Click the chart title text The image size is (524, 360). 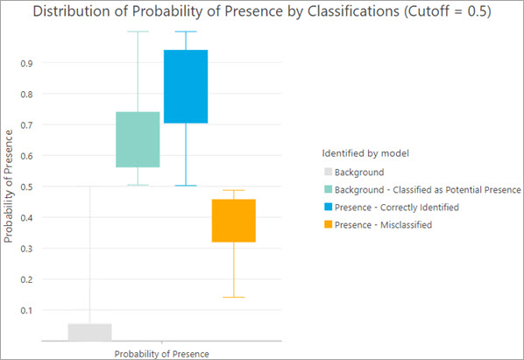[x=261, y=12]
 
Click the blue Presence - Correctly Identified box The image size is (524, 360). [x=186, y=87]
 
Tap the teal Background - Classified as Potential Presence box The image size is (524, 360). [x=138, y=139]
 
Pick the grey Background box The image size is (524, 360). [x=89, y=332]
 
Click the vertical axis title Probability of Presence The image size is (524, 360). [x=9, y=186]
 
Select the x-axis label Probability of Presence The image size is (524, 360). [x=161, y=352]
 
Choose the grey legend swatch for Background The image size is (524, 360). [x=329, y=173]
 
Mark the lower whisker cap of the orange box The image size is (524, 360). [x=234, y=298]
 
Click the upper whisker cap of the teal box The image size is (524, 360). [x=138, y=32]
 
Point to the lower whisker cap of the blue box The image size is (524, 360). [x=186, y=186]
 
